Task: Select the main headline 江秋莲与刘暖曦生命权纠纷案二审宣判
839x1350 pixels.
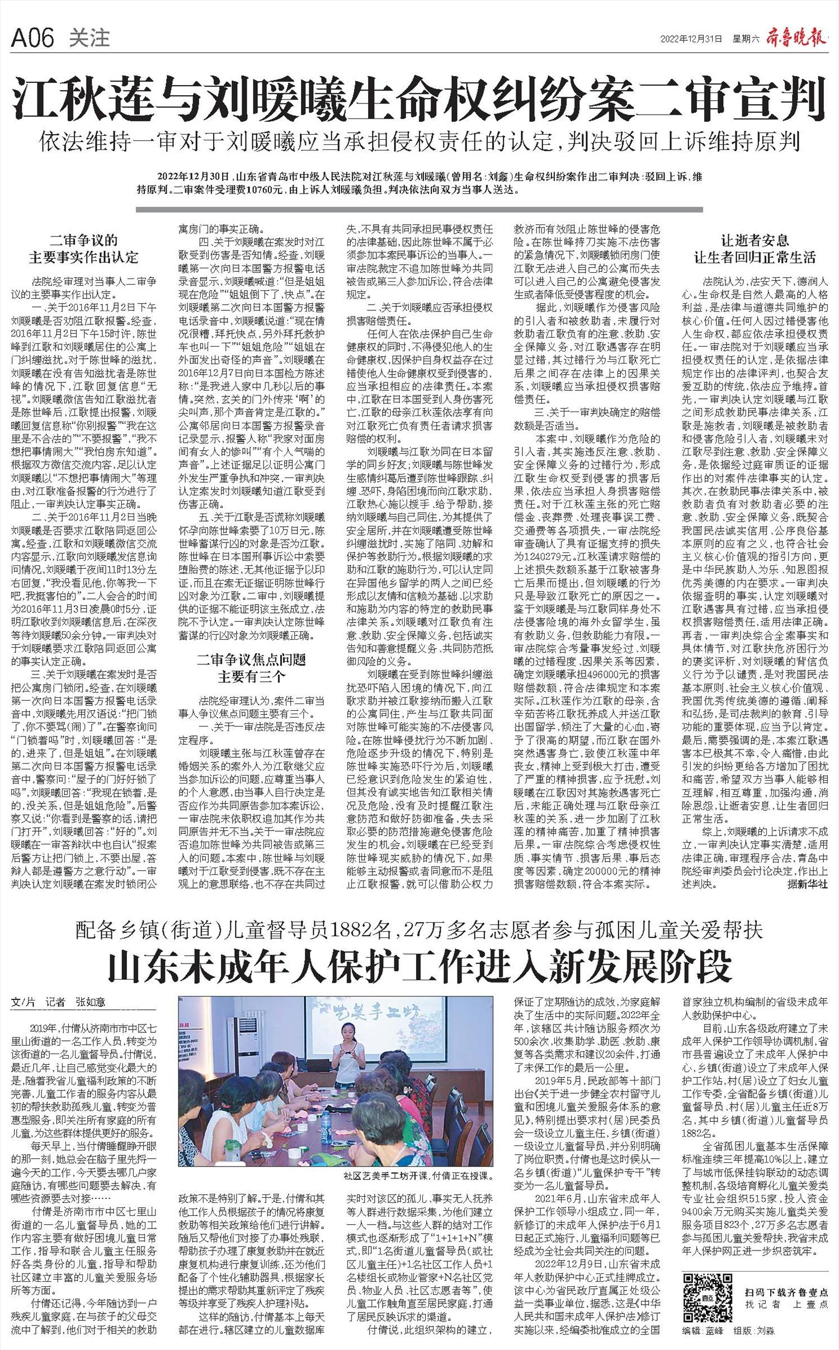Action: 419,97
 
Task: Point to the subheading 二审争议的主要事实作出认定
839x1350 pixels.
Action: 84,249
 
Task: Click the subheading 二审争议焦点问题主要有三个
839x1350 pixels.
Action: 252,668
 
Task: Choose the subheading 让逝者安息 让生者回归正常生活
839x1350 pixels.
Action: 755,249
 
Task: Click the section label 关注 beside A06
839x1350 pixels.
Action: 89,38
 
